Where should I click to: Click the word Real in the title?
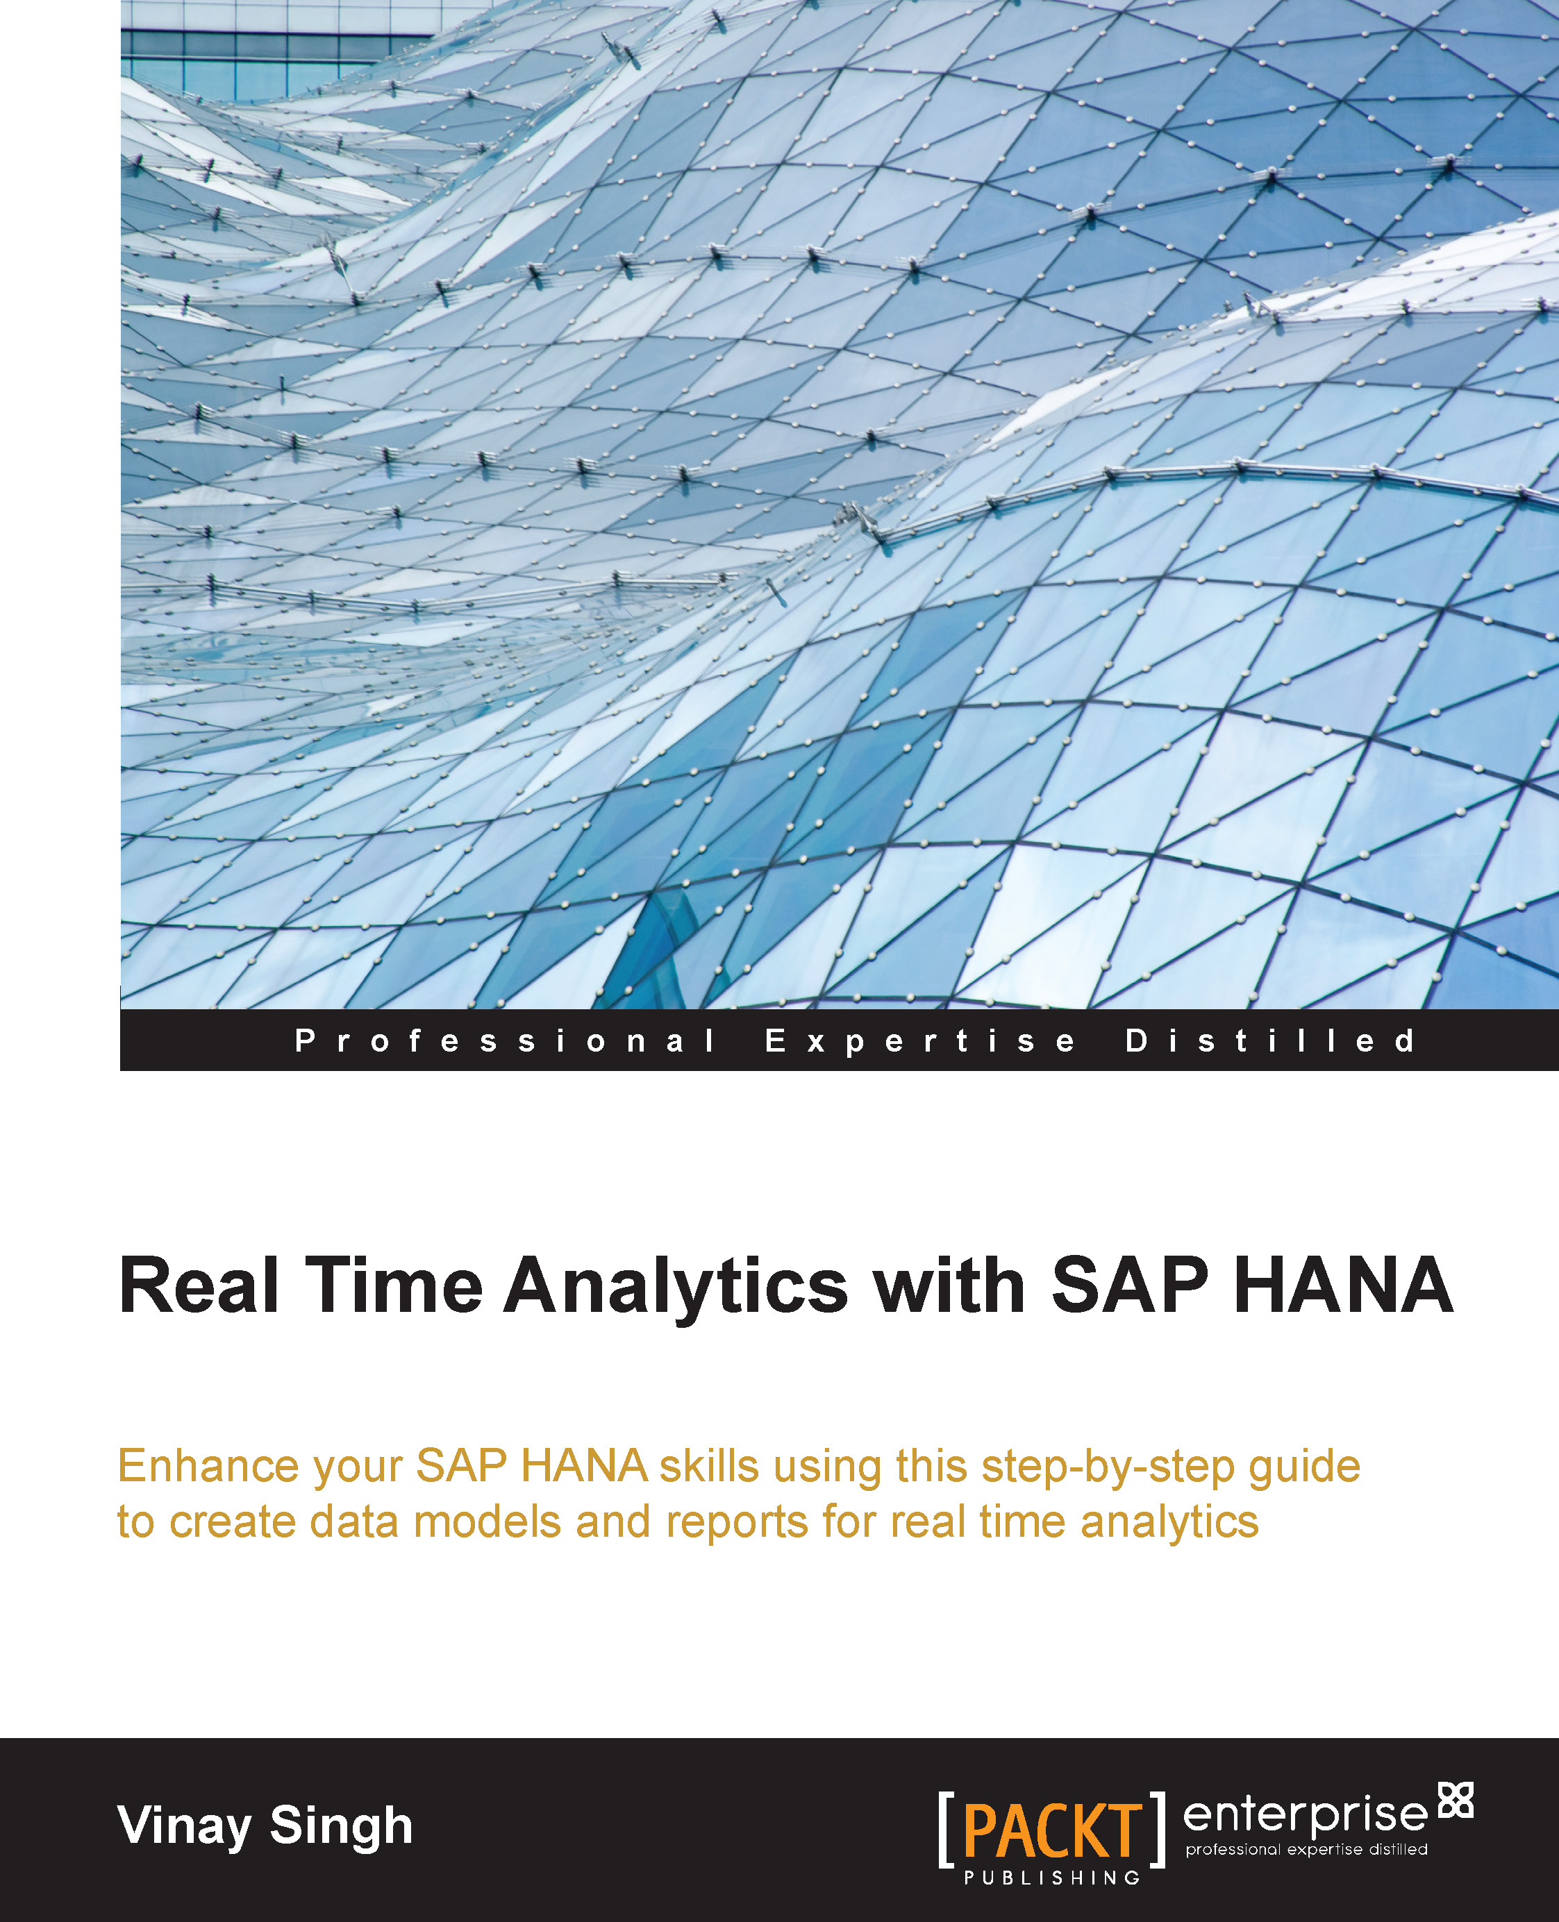[x=199, y=1285]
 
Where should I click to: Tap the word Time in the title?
[x=394, y=1285]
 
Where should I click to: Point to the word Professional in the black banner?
[x=505, y=1041]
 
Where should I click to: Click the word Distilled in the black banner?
[x=1270, y=1041]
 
